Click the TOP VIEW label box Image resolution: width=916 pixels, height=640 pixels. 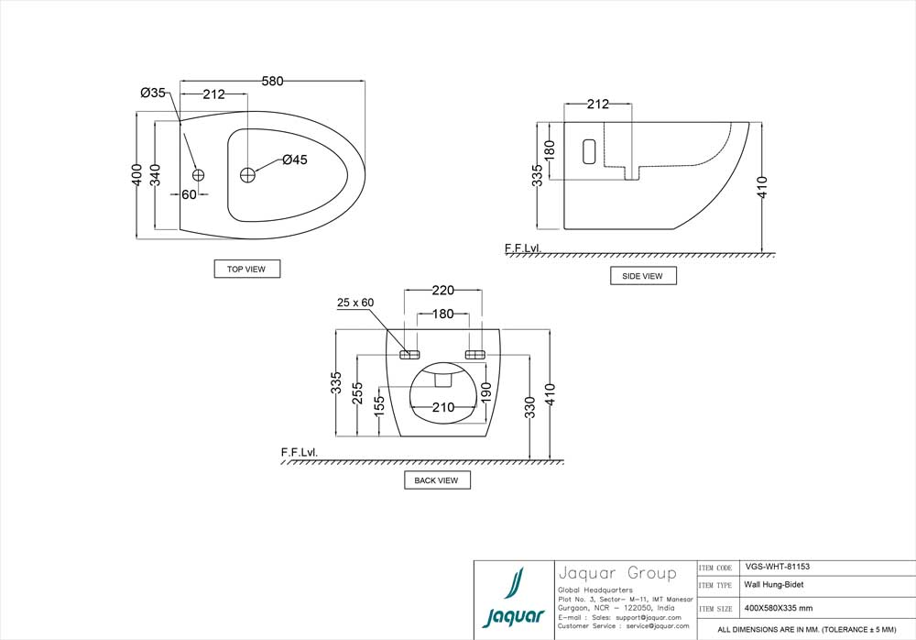246,269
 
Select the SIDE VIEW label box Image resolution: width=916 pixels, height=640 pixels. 643,276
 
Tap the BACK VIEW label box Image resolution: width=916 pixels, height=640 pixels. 437,480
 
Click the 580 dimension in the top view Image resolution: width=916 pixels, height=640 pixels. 272,82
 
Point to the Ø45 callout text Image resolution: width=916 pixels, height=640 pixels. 294,160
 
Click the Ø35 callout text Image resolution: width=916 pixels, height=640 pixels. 153,93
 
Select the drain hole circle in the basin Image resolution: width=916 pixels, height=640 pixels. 248,174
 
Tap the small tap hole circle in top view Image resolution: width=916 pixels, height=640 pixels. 199,174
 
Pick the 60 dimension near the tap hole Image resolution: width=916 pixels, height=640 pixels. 189,194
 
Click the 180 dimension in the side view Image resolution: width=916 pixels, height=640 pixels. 550,149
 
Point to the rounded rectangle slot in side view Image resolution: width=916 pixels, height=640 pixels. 588,151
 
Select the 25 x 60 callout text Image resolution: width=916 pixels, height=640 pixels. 356,303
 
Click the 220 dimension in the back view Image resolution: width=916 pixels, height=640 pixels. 442,291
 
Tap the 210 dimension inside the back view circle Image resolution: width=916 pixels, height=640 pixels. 443,407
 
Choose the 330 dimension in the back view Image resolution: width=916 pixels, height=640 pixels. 530,409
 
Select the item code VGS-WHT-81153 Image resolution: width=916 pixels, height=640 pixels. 778,568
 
